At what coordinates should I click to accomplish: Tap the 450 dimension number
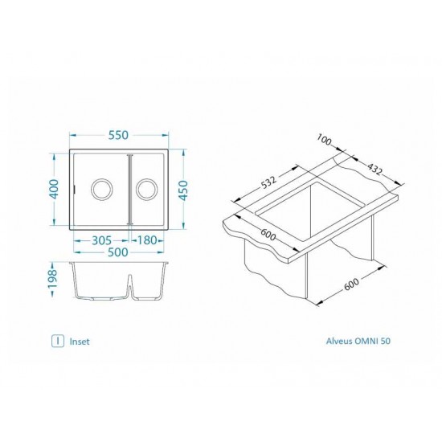click(x=186, y=190)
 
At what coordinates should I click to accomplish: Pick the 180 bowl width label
click(x=147, y=239)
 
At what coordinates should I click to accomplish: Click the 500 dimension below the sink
click(x=121, y=252)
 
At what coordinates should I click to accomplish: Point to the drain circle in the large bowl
click(x=102, y=190)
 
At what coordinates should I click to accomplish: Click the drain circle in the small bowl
click(x=147, y=190)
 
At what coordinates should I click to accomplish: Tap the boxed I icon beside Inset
click(x=57, y=340)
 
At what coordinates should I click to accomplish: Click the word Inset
click(x=80, y=341)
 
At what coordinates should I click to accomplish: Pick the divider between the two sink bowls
click(x=129, y=190)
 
